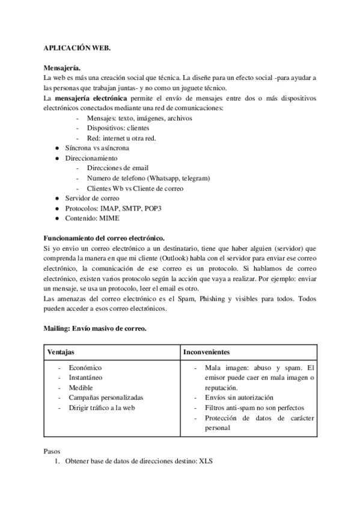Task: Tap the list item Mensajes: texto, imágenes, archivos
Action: (x=139, y=118)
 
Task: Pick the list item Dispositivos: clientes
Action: (x=118, y=127)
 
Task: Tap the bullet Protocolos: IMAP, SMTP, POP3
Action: (x=105, y=208)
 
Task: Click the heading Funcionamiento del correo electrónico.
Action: (x=105, y=238)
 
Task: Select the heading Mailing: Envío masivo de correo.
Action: (x=95, y=328)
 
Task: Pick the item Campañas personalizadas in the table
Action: (x=106, y=397)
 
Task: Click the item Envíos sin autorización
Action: (x=239, y=397)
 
